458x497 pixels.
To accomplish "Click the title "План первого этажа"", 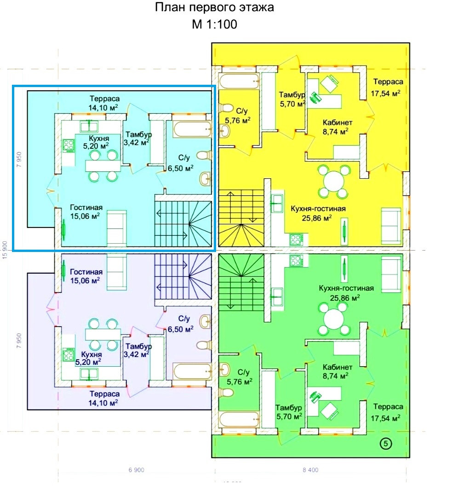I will tap(214, 8).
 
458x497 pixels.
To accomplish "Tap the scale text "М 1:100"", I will tap(214, 24).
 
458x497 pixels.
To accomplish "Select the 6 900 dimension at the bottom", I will tap(137, 470).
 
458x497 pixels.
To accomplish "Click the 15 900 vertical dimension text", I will tap(6, 249).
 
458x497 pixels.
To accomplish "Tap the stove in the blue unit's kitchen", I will tap(69, 146).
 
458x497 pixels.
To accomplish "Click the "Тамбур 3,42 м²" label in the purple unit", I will tap(137, 350).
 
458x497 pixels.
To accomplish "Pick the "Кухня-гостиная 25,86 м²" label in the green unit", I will tap(346, 293).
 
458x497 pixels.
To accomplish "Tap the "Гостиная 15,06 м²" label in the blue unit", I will tap(86, 211).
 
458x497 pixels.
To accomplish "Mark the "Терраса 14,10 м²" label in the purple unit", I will tap(105, 398).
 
